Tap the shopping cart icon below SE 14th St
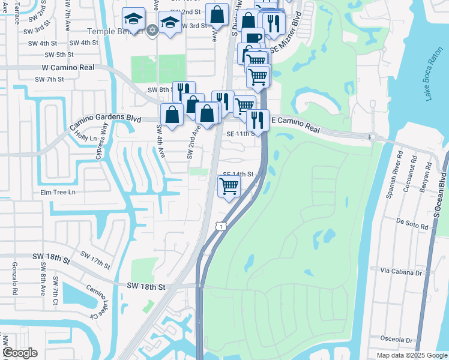pyautogui.click(x=229, y=187)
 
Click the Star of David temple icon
pyautogui.click(x=152, y=29)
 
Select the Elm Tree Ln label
pyautogui.click(x=58, y=192)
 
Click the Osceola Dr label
pyautogui.click(x=397, y=339)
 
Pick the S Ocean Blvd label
pyautogui.click(x=438, y=193)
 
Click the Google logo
pyautogui.click(x=19, y=353)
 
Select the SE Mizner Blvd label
pyautogui.click(x=286, y=36)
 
